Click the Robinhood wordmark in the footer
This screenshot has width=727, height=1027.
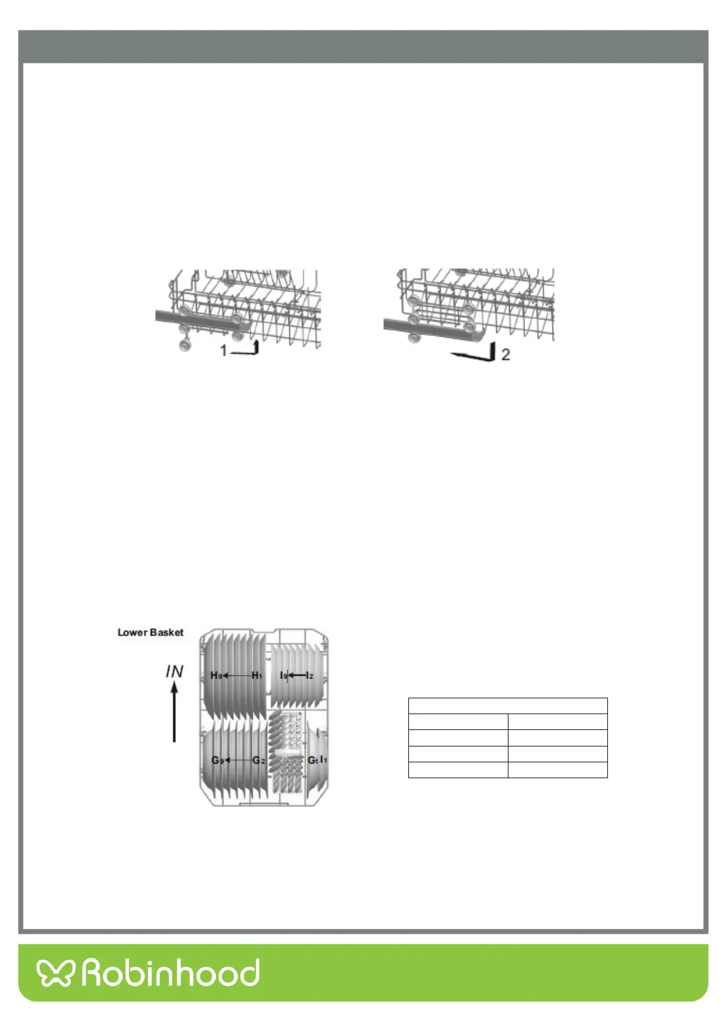click(171, 973)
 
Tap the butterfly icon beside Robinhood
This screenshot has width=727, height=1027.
click(55, 973)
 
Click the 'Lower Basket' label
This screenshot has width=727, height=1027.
click(150, 632)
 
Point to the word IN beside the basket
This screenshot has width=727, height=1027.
click(174, 671)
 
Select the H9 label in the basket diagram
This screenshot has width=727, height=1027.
click(216, 675)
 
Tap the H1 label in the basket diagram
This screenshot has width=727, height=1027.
click(257, 675)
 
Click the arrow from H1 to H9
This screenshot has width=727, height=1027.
click(237, 675)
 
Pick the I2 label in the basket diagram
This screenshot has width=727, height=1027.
click(309, 675)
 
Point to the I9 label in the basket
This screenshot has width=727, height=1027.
click(283, 675)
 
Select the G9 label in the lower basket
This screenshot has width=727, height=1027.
click(217, 760)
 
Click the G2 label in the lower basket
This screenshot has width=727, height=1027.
click(259, 760)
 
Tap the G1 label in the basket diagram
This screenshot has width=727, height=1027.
click(313, 760)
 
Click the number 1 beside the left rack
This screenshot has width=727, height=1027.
click(223, 351)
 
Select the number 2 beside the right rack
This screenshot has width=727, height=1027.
click(505, 354)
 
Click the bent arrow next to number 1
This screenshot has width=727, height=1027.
click(247, 349)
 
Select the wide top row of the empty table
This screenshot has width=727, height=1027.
click(508, 706)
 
